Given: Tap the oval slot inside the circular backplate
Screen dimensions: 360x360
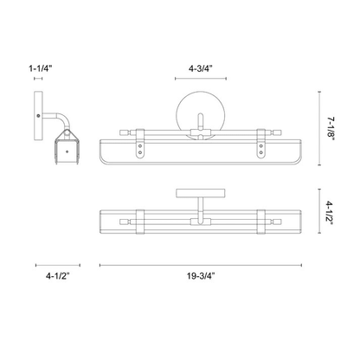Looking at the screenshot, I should pyautogui.click(x=197, y=121).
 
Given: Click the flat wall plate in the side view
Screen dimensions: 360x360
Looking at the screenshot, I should pyautogui.click(x=39, y=114).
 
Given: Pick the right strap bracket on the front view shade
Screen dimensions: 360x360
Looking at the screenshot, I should pyautogui.click(x=260, y=151).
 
